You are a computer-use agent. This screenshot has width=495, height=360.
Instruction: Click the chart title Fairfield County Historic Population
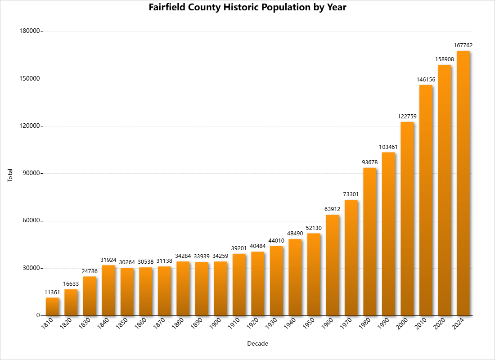[x=247, y=8]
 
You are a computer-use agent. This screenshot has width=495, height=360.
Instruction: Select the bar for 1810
[x=52, y=306]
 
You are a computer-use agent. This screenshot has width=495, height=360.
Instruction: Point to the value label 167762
[x=463, y=45]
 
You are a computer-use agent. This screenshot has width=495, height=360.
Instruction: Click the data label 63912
[x=332, y=209]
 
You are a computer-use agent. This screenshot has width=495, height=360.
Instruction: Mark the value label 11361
[x=52, y=292]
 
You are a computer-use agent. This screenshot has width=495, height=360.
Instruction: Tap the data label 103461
[x=388, y=147]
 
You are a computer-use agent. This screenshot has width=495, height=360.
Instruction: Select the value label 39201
[x=239, y=248]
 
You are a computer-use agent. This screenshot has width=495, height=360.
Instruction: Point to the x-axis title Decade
[x=258, y=344]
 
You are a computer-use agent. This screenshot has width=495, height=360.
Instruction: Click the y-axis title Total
[x=10, y=175]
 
